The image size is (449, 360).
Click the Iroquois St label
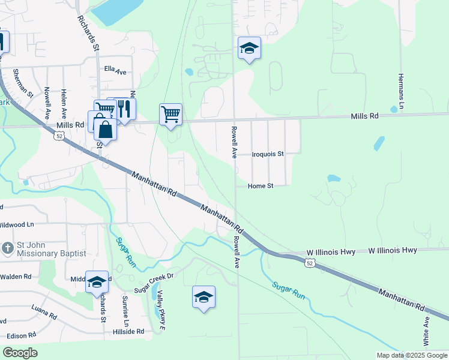click(267, 154)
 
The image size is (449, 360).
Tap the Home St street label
click(261, 186)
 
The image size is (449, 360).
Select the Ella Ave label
click(115, 71)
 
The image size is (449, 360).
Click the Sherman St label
click(25, 83)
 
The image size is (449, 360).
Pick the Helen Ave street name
click(64, 103)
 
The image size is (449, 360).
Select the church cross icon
click(7, 248)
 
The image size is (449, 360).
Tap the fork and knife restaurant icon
click(124, 109)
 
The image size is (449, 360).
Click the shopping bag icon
click(105, 129)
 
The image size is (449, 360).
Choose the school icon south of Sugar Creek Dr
click(203, 296)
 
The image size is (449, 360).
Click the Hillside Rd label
click(131, 331)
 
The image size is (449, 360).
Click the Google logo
click(20, 353)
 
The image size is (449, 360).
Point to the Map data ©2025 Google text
click(412, 355)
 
